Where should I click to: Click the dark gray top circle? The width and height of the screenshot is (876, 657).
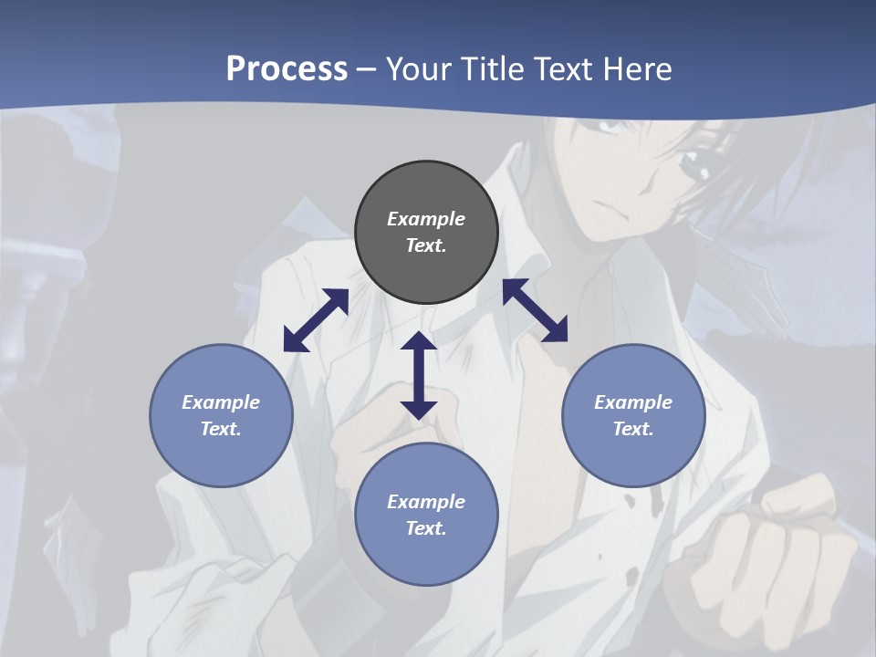pyautogui.click(x=426, y=232)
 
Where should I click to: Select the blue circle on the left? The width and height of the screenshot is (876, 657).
pyautogui.click(x=221, y=415)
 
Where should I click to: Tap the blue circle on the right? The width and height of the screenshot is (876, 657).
pyautogui.click(x=633, y=415)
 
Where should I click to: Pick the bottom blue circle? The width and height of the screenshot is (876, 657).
pyautogui.click(x=426, y=515)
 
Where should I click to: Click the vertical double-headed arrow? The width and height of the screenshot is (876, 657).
pyautogui.click(x=419, y=375)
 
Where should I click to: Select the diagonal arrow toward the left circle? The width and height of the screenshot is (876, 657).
pyautogui.click(x=316, y=320)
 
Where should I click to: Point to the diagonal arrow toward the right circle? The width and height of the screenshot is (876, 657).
pyautogui.click(x=536, y=310)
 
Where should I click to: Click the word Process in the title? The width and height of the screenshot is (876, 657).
pyautogui.click(x=287, y=68)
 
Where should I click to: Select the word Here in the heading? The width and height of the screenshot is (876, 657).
pyautogui.click(x=637, y=68)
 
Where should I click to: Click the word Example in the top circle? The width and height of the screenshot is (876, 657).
pyautogui.click(x=426, y=219)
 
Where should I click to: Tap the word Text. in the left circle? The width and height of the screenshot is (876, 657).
pyautogui.click(x=221, y=429)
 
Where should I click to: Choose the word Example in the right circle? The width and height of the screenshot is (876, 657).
pyautogui.click(x=633, y=402)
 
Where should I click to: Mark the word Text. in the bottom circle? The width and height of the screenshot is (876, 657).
pyautogui.click(x=426, y=528)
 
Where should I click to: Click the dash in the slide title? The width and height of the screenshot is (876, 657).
pyautogui.click(x=366, y=69)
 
